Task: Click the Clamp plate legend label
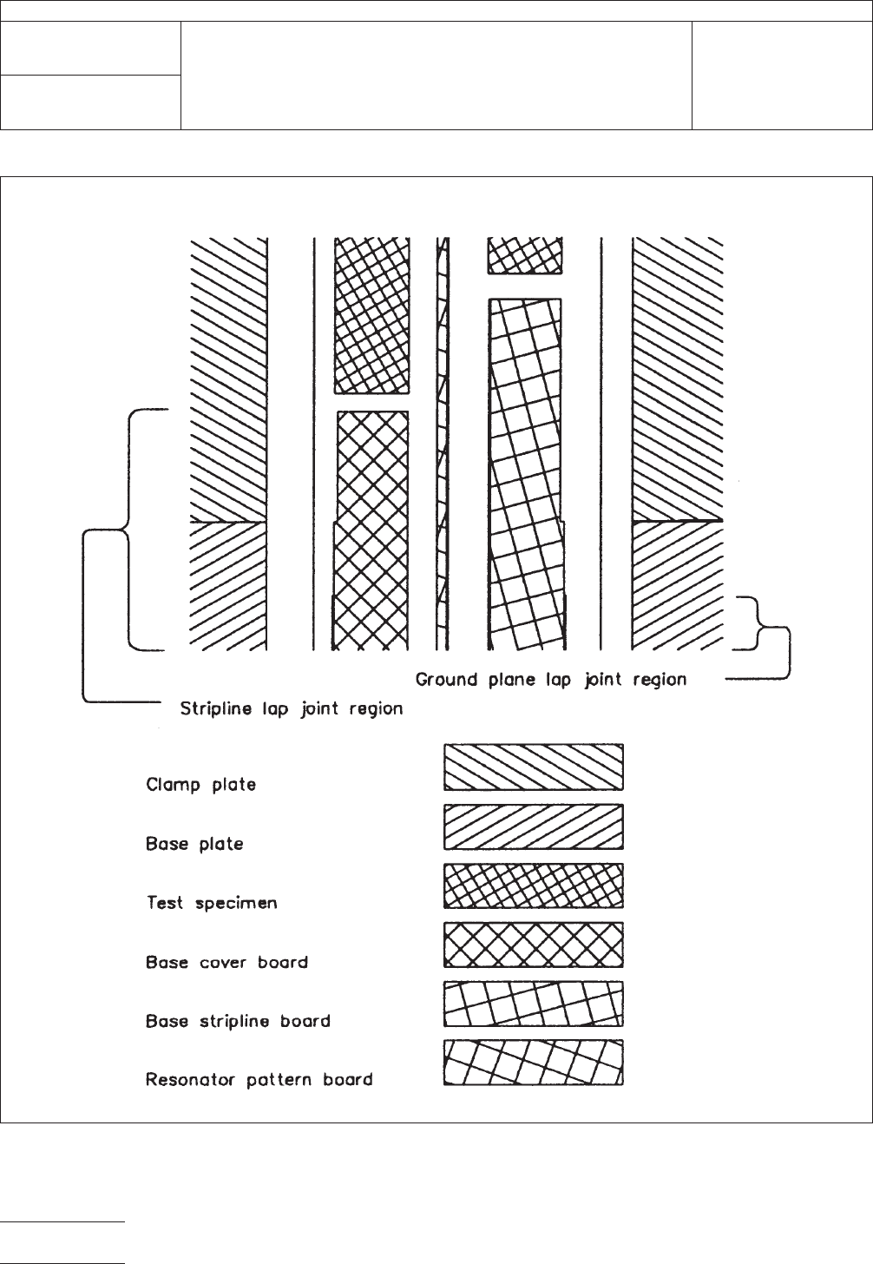pyautogui.click(x=200, y=785)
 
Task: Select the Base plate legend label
pyautogui.click(x=194, y=844)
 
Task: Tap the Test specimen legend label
pyautogui.click(x=212, y=903)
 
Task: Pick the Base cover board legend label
pyautogui.click(x=226, y=962)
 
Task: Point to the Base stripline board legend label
pyautogui.click(x=238, y=1021)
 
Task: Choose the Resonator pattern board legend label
pyautogui.click(x=259, y=1080)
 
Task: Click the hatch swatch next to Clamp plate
pyautogui.click(x=534, y=767)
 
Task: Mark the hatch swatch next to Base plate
pyautogui.click(x=534, y=826)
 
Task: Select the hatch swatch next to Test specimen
pyautogui.click(x=534, y=885)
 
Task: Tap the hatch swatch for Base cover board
pyautogui.click(x=534, y=945)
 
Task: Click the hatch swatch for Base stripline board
pyautogui.click(x=534, y=1004)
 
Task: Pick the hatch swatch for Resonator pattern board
pyautogui.click(x=534, y=1063)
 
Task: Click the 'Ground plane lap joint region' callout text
pyautogui.click(x=551, y=680)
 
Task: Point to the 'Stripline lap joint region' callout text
pyautogui.click(x=292, y=709)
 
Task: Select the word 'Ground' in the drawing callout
pyautogui.click(x=447, y=680)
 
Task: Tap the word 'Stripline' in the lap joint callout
pyautogui.click(x=216, y=709)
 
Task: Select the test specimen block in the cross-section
pyautogui.click(x=371, y=314)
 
